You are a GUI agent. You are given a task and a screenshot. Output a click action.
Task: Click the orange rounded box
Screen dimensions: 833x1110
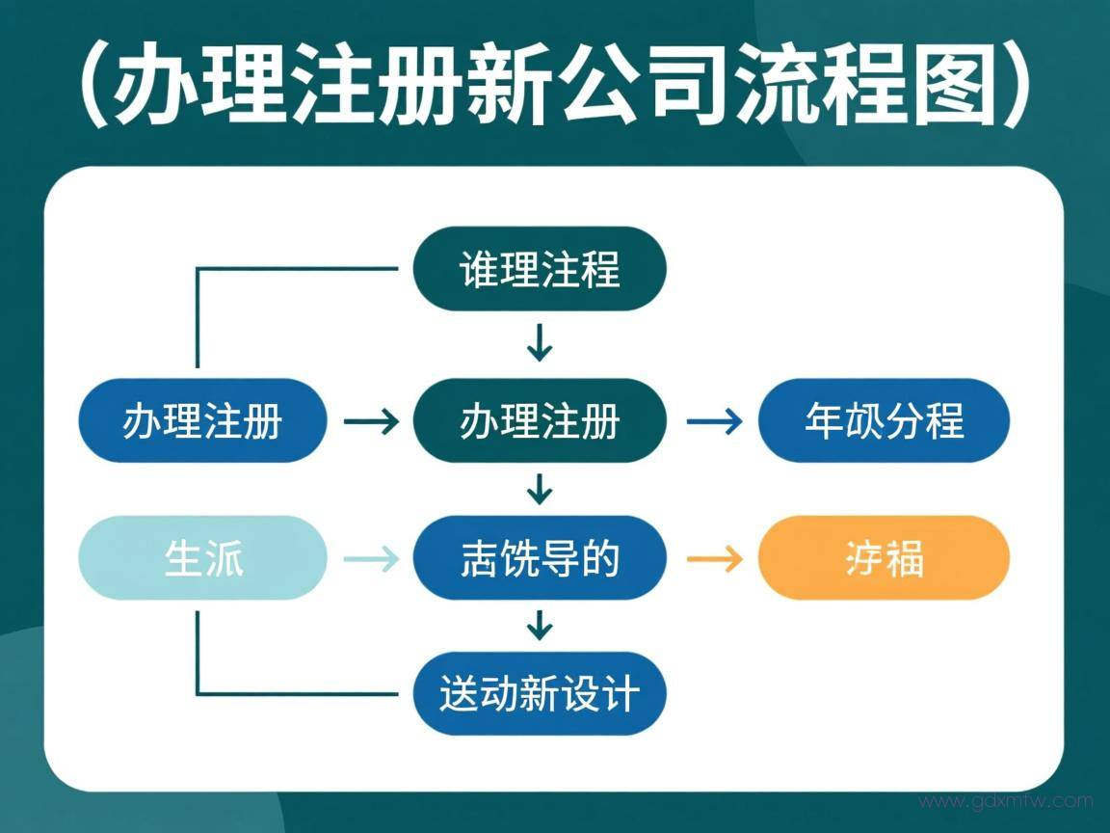tap(884, 558)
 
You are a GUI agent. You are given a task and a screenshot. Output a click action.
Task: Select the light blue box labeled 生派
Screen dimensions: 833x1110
tap(202, 558)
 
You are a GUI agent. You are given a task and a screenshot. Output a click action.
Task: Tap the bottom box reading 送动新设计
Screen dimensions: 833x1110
tap(539, 693)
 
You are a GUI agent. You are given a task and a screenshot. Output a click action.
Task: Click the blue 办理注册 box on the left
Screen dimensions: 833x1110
tap(202, 421)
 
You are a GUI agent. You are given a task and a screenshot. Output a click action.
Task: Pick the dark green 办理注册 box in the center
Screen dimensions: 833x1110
tap(539, 421)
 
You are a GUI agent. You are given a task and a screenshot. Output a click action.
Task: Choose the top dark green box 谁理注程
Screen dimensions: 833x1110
tap(539, 269)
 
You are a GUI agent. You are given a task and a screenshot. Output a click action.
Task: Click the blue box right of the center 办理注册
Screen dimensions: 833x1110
tap(884, 421)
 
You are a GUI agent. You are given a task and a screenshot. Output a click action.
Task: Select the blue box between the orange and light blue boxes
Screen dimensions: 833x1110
tap(539, 558)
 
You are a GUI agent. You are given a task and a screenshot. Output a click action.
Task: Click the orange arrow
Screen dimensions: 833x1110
tap(714, 558)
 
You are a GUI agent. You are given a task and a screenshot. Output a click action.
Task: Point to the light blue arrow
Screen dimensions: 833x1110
tap(371, 558)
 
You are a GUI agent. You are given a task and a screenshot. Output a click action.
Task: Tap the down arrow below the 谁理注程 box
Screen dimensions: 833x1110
tap(540, 343)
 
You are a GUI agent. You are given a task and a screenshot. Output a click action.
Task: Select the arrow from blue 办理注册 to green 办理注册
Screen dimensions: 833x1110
tap(371, 421)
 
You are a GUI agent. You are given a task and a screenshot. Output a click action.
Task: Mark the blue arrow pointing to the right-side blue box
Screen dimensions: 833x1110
tap(714, 421)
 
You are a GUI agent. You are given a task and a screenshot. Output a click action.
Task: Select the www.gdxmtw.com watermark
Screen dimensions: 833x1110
tap(1005, 801)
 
